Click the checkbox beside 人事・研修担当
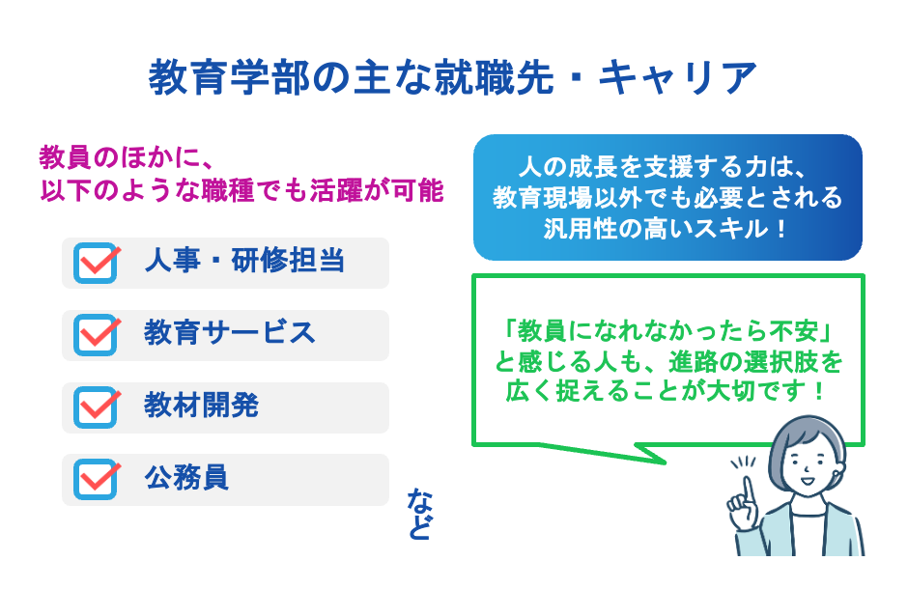[x=95, y=263]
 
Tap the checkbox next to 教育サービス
[x=95, y=335]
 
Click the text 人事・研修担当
[x=244, y=261]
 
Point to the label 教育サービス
[x=230, y=333]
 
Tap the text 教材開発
[x=201, y=406]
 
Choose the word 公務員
[x=186, y=478]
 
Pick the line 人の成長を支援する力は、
[x=667, y=166]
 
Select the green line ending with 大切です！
[x=667, y=392]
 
